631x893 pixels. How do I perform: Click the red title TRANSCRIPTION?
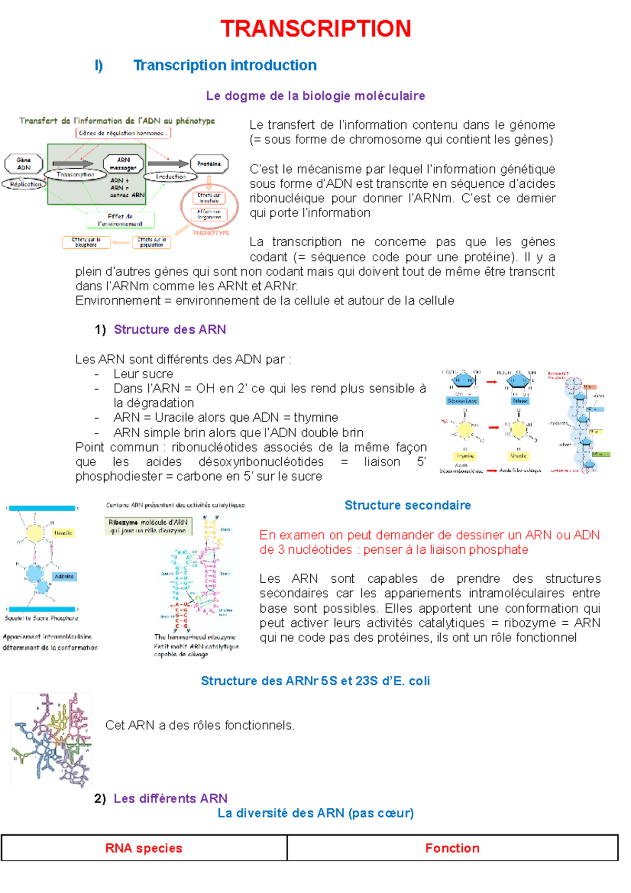[315, 29]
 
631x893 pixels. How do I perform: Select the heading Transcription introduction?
[225, 65]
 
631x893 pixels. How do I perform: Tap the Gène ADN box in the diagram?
[24, 164]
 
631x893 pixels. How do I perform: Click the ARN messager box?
[123, 164]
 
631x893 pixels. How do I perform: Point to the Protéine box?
[209, 164]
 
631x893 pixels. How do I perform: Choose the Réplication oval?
[25, 184]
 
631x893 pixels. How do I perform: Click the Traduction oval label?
[171, 177]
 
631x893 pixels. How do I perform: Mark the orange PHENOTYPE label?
[211, 232]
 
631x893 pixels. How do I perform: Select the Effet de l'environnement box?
[120, 220]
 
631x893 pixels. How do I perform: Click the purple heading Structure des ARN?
[170, 330]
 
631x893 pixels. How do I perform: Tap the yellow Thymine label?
[465, 456]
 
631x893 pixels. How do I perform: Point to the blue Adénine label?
[64, 576]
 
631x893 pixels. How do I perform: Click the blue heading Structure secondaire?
[408, 505]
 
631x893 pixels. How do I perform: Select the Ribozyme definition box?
[148, 526]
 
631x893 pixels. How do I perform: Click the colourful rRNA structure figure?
[52, 739]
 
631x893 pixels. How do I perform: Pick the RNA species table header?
[144, 848]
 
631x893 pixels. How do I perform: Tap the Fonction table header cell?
[452, 848]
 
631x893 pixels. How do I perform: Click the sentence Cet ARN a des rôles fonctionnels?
[200, 726]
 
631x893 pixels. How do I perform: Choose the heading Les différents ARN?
[170, 798]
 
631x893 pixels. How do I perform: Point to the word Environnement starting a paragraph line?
[118, 301]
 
